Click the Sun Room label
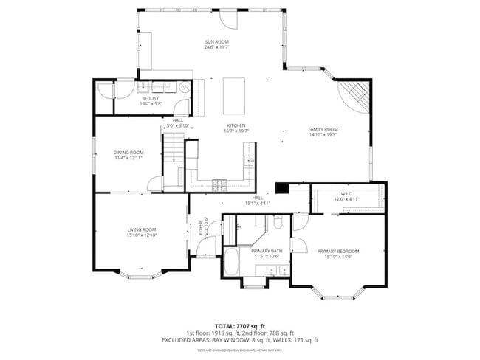(x=217, y=41)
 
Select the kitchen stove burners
(x=220, y=184)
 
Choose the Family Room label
(x=322, y=129)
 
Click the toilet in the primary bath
(x=278, y=221)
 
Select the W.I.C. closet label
(x=347, y=194)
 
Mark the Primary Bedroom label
(x=339, y=252)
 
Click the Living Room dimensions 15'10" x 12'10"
(x=141, y=235)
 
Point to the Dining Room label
(x=128, y=153)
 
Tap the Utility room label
(x=151, y=98)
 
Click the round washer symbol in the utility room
(x=184, y=87)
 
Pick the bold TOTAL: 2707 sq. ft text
(x=239, y=325)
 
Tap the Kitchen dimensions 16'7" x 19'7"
(x=236, y=131)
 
